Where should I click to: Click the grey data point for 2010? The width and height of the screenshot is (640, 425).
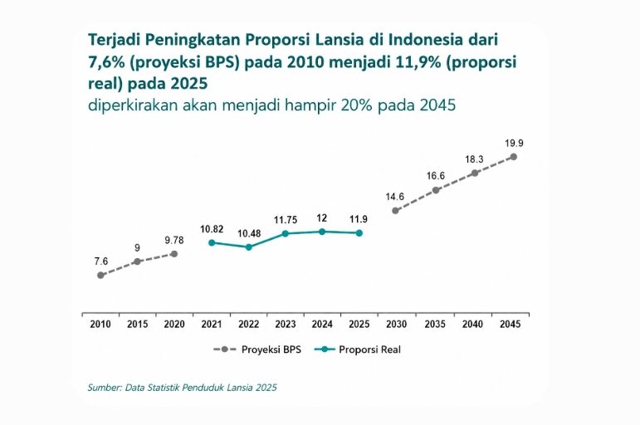pos(100,275)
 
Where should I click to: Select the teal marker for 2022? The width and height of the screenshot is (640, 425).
pos(248,247)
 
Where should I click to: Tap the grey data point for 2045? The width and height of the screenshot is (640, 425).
pos(514,157)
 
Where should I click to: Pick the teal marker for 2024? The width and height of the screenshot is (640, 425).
pos(322,232)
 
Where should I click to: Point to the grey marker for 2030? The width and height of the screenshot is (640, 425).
pos(395,211)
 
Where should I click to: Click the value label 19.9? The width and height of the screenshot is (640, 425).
pos(514,144)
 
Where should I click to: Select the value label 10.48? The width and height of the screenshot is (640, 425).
pos(249,234)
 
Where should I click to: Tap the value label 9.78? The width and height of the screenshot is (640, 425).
pos(174,241)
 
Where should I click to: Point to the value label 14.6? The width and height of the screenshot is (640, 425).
pos(394,197)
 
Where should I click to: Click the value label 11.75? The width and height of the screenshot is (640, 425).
pos(286,220)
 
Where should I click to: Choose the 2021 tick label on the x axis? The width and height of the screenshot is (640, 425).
pos(212,325)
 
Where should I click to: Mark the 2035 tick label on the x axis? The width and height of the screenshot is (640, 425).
pos(435,325)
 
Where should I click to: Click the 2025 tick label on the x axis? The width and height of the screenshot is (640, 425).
pos(359,325)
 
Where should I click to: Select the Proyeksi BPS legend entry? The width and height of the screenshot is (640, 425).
pos(257,349)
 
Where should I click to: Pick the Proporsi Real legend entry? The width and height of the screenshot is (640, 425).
pos(358,349)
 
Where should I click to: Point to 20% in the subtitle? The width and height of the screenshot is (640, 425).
pos(358,105)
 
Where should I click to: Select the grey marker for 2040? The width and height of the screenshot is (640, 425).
pos(475,173)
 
